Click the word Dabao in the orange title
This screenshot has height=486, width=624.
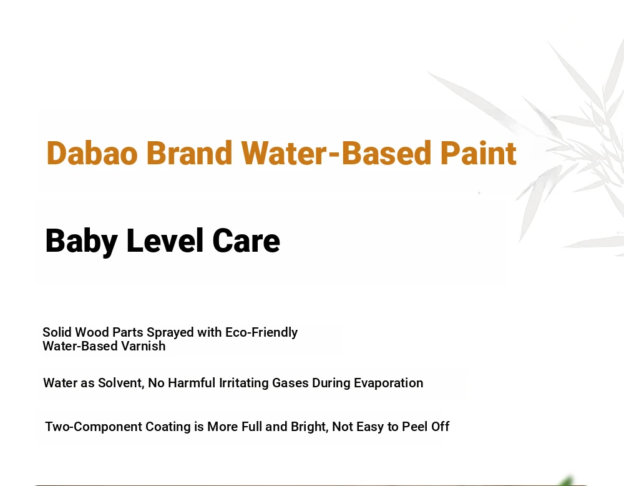92,153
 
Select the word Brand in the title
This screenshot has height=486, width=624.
189,153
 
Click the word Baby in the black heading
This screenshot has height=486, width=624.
81,241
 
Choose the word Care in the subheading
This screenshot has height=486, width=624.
246,241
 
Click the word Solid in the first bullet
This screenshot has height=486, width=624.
57,332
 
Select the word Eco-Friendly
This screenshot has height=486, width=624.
261,332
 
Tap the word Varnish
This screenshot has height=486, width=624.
144,346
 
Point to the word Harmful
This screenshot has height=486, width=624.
192,383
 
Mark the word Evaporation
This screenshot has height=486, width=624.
388,383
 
